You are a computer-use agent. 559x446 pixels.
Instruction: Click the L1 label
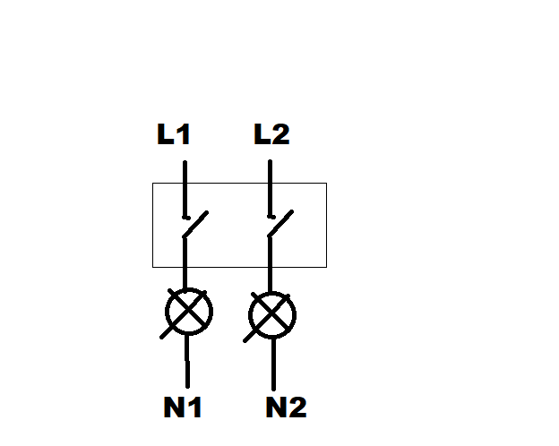click(x=174, y=134)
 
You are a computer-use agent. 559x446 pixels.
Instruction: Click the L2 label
click(x=271, y=134)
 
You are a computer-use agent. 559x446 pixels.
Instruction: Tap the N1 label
click(x=183, y=407)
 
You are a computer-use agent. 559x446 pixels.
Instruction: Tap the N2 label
click(x=287, y=407)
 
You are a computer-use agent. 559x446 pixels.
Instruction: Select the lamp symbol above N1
click(x=189, y=312)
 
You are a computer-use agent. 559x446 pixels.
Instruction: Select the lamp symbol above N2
click(x=272, y=315)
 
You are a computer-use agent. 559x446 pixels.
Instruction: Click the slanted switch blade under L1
click(x=195, y=224)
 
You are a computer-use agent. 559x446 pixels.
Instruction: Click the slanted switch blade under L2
click(x=280, y=224)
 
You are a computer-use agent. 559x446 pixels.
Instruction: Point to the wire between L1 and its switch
click(x=185, y=190)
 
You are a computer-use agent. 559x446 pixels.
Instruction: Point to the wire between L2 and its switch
click(x=270, y=189)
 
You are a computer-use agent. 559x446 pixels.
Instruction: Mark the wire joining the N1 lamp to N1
click(x=187, y=361)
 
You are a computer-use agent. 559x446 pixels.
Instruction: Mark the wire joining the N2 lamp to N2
click(x=273, y=365)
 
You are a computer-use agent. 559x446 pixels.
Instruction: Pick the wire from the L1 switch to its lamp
click(x=185, y=262)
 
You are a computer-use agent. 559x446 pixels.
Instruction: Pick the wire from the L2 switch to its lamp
click(x=270, y=264)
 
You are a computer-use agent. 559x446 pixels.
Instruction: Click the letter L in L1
click(x=166, y=134)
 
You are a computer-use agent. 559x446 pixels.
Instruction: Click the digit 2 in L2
click(x=281, y=134)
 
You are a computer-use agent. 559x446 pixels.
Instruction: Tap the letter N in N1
click(x=174, y=407)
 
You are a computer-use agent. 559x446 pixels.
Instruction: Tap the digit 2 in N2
click(x=298, y=407)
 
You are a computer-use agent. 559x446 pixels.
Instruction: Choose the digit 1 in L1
click(x=184, y=134)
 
